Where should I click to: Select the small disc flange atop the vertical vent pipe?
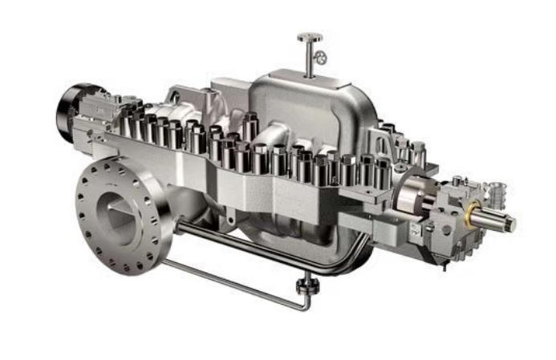click(x=309, y=37)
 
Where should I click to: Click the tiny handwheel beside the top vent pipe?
click(x=321, y=57)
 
